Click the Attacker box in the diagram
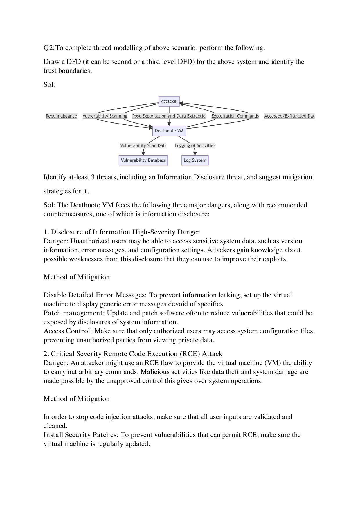169,101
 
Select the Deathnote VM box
169,131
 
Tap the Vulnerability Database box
143,160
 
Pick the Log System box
195,160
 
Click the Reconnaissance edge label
62,116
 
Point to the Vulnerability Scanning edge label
105,116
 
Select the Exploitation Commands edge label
235,116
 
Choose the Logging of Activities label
195,146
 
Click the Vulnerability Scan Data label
143,146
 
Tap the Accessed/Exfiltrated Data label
289,116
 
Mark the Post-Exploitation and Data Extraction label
169,116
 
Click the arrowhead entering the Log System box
195,154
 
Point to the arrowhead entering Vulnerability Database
143,154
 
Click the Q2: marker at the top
49,48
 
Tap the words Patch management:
74,313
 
